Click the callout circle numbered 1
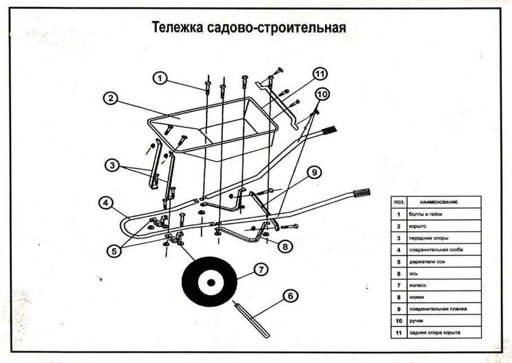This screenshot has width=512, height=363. coord(161,78)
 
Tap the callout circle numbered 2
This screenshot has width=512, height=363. coord(111,98)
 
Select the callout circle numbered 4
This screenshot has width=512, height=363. coord(105,203)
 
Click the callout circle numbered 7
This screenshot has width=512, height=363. coord(260,270)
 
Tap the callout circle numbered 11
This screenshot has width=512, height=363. coord(320,74)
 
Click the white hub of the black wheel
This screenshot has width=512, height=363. coord(209,282)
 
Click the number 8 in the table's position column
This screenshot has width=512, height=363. coord(398,297)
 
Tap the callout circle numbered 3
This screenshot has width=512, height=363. coord(113,165)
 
